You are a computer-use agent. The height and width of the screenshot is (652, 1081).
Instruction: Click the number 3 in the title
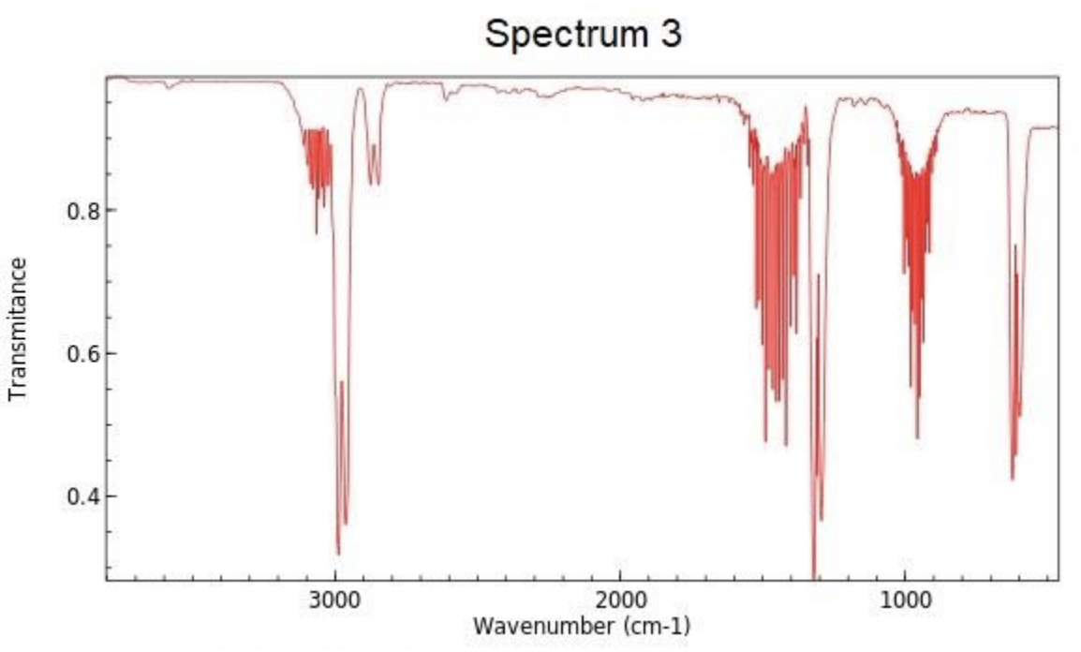tap(671, 35)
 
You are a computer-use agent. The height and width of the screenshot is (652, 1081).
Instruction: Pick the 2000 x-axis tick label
tap(619, 600)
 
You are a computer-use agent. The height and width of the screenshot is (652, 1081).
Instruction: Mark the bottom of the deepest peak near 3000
tap(338, 554)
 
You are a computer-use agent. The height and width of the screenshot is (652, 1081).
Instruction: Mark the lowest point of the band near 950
tap(917, 437)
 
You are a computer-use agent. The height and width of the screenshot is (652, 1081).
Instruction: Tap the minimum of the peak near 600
tap(1013, 479)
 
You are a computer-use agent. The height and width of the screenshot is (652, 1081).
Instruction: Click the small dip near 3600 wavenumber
tap(169, 87)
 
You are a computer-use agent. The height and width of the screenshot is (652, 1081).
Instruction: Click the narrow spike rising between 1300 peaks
tap(818, 277)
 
